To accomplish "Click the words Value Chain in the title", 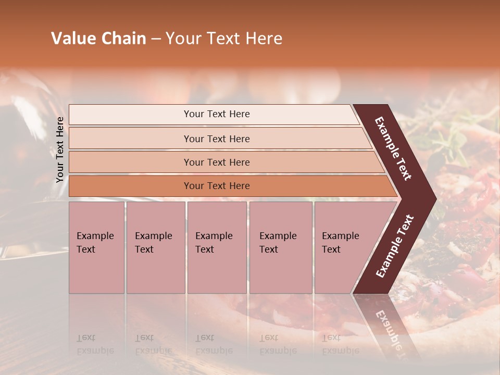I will (x=98, y=39).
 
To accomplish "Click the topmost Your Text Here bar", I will (x=216, y=114).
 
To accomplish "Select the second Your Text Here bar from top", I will (x=216, y=139).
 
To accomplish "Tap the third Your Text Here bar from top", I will (x=216, y=162).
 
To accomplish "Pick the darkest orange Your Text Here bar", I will (x=216, y=186).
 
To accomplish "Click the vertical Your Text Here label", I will (x=60, y=149).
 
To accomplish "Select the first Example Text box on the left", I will (x=96, y=247).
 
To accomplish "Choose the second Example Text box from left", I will (x=155, y=247).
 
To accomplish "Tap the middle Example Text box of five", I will (x=217, y=247).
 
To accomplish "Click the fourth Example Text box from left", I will (x=280, y=247).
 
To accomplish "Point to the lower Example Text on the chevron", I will (x=395, y=246).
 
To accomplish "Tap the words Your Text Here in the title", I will (x=224, y=39).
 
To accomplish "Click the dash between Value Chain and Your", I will (x=156, y=39).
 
